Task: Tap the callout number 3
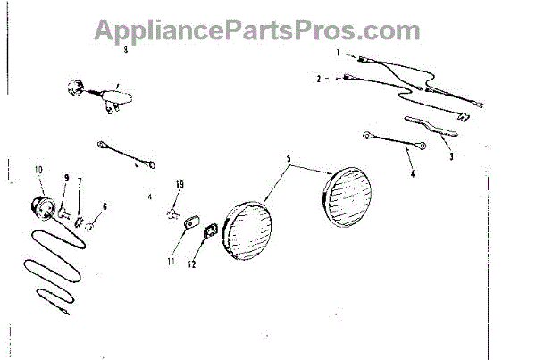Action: point(451,156)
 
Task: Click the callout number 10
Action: point(38,169)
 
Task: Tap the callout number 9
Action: point(65,177)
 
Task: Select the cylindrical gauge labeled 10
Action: point(40,207)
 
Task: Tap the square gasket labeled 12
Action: point(211,232)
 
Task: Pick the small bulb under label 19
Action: point(172,213)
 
